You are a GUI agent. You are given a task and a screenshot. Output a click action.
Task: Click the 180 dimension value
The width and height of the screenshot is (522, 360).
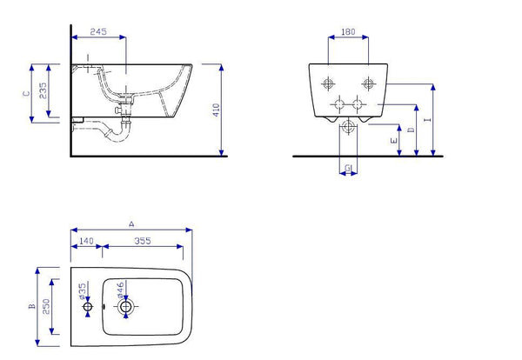(348, 32)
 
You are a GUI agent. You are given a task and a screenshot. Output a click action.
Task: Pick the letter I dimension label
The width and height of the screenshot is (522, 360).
(426, 121)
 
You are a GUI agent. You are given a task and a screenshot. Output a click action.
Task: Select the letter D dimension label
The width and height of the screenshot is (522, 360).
(412, 130)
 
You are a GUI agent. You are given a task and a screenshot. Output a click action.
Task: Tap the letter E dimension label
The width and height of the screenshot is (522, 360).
(393, 139)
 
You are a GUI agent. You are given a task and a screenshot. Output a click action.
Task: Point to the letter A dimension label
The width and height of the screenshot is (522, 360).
(131, 224)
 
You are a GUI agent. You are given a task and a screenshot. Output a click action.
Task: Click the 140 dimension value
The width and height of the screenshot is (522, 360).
(86, 241)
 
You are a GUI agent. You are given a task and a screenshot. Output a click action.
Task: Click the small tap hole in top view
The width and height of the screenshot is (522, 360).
(87, 308)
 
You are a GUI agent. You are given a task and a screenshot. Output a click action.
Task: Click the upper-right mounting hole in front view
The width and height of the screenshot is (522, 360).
(368, 84)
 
